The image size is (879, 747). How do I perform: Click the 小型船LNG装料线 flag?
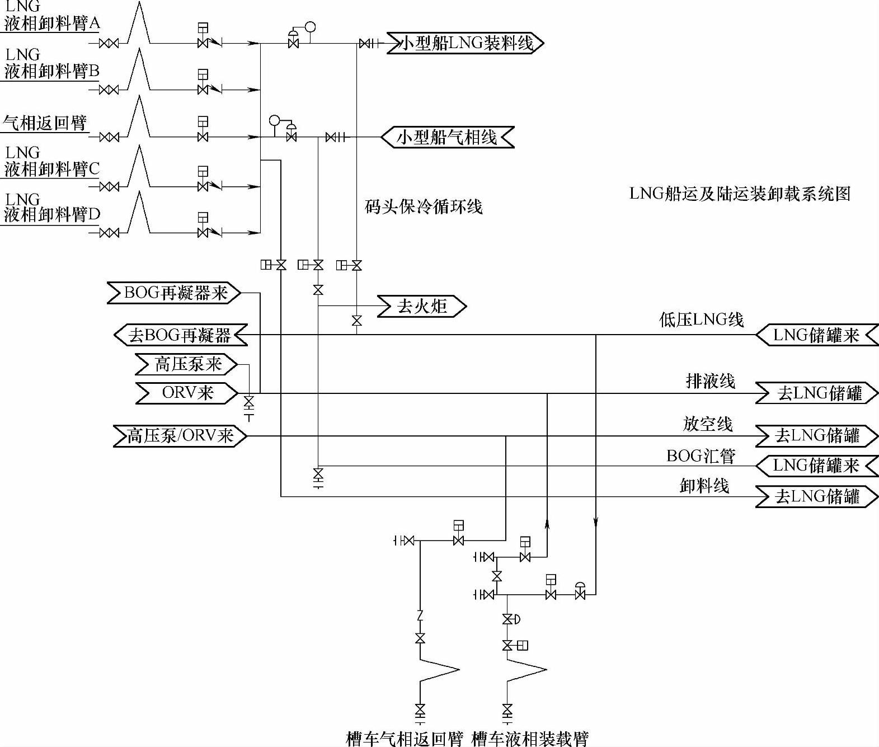466,43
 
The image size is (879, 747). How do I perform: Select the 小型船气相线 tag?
447,137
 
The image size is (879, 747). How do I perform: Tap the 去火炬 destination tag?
421,306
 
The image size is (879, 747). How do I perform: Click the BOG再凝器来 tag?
175,293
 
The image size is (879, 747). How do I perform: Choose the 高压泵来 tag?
187,364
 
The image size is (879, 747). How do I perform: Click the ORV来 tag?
187,392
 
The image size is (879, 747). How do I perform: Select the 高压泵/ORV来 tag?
180,435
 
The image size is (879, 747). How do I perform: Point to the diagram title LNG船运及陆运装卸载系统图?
740,193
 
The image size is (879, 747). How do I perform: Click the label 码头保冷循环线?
423,206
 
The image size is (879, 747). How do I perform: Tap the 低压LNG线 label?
702,320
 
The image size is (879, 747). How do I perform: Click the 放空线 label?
708,424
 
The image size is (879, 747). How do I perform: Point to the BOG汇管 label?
701,456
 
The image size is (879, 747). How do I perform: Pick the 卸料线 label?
704,485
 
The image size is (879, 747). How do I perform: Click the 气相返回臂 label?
45,123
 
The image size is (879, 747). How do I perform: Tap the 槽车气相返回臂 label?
405,738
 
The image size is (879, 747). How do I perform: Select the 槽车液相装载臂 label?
530,738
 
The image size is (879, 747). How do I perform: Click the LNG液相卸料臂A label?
51,16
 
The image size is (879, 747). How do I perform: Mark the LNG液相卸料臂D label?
51,207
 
